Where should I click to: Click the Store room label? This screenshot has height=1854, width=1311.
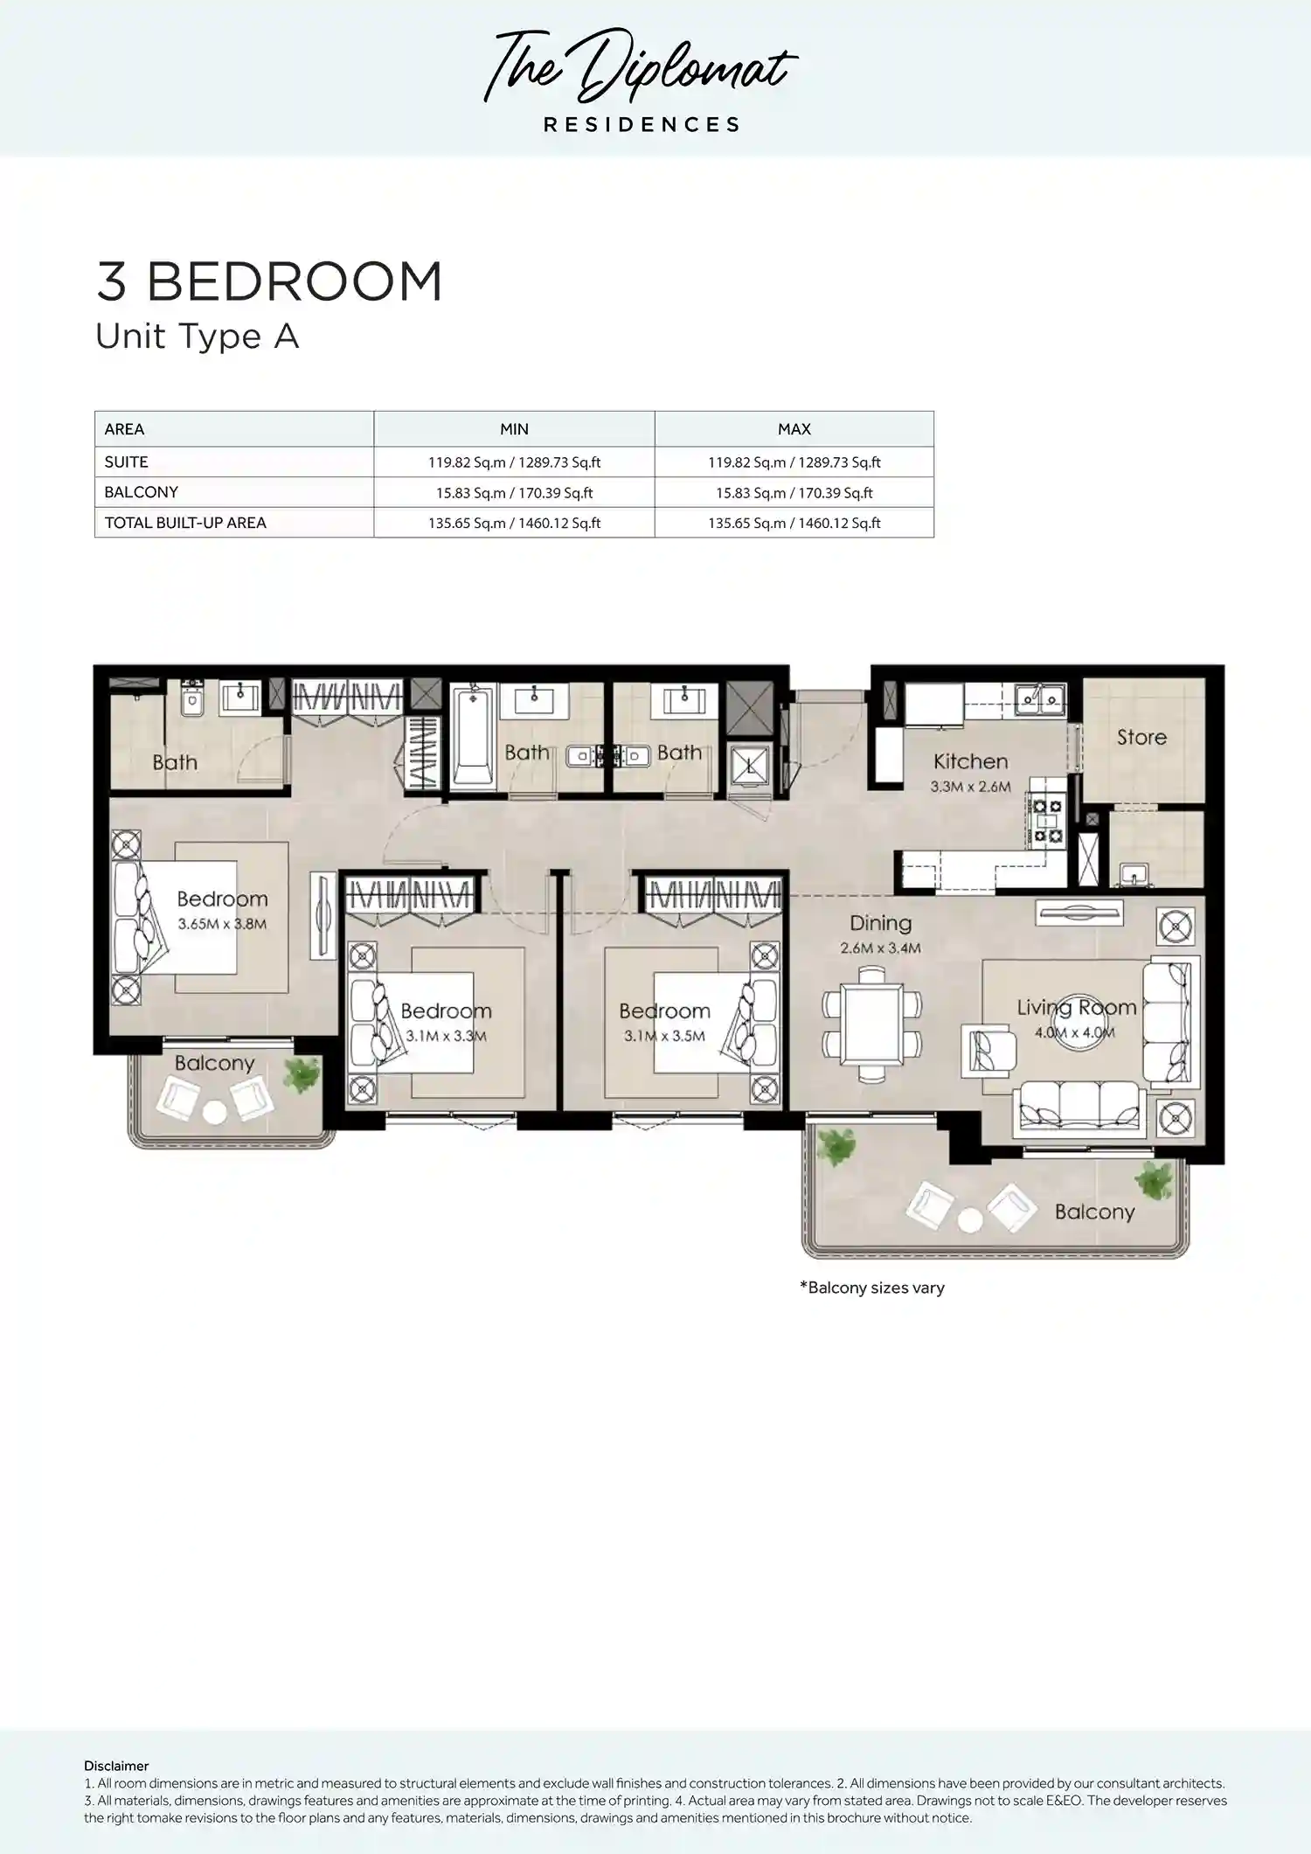tap(1141, 737)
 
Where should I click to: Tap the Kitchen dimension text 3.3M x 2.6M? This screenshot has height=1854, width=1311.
tap(970, 787)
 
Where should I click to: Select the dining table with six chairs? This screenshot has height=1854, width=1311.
tap(871, 1023)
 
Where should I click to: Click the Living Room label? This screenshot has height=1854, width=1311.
tap(1076, 1007)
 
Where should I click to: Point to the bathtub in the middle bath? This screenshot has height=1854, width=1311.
tap(472, 739)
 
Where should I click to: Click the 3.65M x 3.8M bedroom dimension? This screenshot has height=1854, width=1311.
tap(222, 924)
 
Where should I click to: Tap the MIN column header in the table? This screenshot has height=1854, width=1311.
tap(514, 429)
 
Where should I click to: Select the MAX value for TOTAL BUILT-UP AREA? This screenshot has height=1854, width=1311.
tap(794, 523)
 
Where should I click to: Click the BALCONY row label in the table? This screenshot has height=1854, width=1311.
tap(141, 492)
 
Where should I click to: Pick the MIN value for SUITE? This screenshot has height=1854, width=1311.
tap(514, 462)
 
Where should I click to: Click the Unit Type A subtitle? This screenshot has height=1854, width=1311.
tap(197, 337)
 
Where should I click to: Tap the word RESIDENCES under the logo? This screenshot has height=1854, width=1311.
tap(642, 125)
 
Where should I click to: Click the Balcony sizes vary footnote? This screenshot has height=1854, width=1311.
tap(872, 1288)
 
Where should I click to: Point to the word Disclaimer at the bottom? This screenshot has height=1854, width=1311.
tap(116, 1766)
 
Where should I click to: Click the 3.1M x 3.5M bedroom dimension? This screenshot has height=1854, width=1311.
tap(664, 1036)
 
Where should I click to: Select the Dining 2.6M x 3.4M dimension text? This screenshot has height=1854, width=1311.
tap(880, 948)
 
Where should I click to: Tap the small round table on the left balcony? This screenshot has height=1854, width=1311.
tap(214, 1113)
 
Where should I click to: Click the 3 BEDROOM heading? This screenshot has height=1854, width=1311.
tap(269, 281)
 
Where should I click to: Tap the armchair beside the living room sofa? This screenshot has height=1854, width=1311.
tap(988, 1051)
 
